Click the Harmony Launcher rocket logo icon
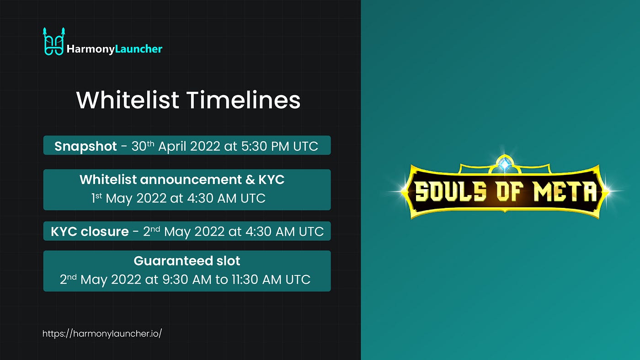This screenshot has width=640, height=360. pyautogui.click(x=53, y=42)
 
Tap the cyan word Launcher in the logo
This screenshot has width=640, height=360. pyautogui.click(x=139, y=49)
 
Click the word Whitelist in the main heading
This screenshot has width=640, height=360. pyautogui.click(x=128, y=100)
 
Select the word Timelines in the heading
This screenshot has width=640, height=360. pyautogui.click(x=244, y=100)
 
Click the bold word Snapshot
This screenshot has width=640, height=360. pyautogui.click(x=85, y=147)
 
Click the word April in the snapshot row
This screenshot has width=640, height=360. pyautogui.click(x=172, y=147)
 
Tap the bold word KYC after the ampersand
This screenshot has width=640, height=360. pyautogui.click(x=272, y=180)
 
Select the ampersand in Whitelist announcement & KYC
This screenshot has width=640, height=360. pyautogui.click(x=250, y=180)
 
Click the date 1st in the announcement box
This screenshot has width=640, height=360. pyautogui.click(x=96, y=198)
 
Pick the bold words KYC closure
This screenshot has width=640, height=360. pyautogui.click(x=90, y=231)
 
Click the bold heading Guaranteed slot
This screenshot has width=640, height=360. pyautogui.click(x=187, y=261)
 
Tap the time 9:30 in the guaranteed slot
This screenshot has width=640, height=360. pyautogui.click(x=175, y=279)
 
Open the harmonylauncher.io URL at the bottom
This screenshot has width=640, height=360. pyautogui.click(x=102, y=334)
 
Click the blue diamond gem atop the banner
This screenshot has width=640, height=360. pyautogui.click(x=505, y=164)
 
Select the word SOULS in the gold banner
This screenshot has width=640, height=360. pyautogui.click(x=451, y=191)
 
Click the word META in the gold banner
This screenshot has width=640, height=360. pyautogui.click(x=565, y=191)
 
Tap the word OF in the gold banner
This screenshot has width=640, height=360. pyautogui.click(x=510, y=191)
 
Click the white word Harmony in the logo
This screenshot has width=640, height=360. pyautogui.click(x=91, y=49)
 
